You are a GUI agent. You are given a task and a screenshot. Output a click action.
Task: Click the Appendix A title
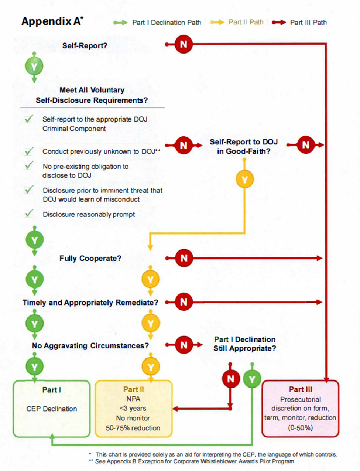click(x=52, y=21)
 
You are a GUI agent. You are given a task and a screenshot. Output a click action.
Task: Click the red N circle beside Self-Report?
click(x=184, y=44)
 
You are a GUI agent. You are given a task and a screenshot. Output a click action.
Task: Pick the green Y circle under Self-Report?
click(x=34, y=67)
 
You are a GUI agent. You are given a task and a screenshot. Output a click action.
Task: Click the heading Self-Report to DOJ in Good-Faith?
click(x=243, y=146)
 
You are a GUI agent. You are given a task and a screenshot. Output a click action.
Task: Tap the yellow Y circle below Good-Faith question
click(x=244, y=180)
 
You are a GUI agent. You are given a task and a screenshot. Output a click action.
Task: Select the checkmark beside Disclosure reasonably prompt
click(x=29, y=214)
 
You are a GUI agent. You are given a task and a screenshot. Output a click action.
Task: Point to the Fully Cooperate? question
click(x=90, y=258)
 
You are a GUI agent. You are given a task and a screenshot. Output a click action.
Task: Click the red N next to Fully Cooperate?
click(x=184, y=258)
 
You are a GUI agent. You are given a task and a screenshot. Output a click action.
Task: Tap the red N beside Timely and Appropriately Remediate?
click(x=184, y=302)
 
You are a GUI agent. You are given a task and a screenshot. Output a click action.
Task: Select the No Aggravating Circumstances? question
click(x=90, y=346)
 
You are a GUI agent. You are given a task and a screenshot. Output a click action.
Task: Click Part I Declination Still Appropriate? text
click(x=244, y=344)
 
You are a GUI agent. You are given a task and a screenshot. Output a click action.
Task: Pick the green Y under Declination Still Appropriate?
click(x=252, y=379)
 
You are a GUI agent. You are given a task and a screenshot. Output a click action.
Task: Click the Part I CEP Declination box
click(x=52, y=409)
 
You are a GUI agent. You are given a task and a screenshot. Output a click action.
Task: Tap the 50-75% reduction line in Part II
click(x=133, y=428)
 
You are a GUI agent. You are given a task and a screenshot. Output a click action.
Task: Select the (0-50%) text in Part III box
click(x=300, y=428)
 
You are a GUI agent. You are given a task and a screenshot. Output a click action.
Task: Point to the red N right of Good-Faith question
click(x=305, y=145)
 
